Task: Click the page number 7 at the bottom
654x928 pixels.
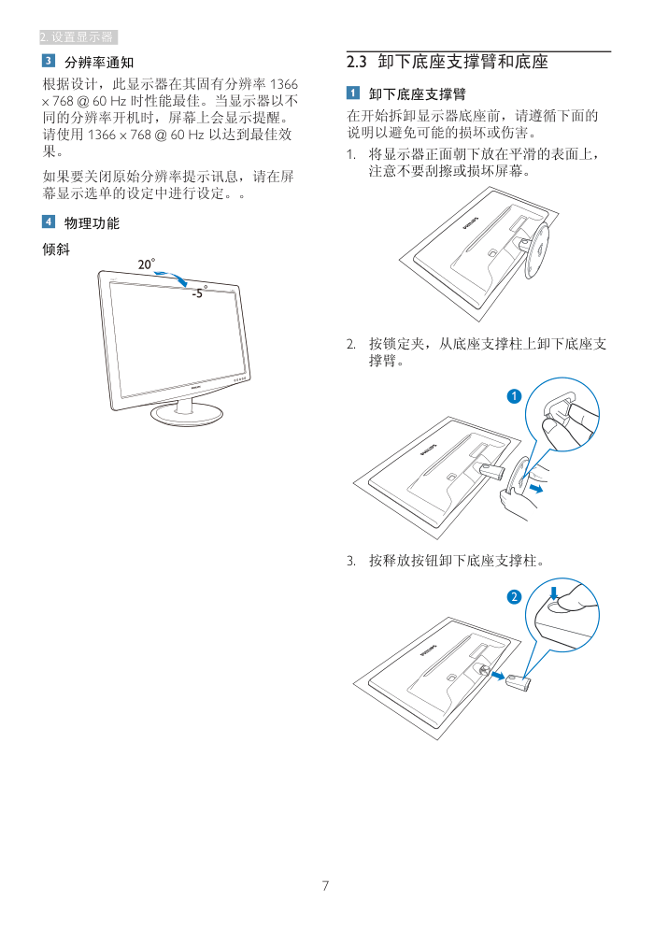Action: (x=325, y=885)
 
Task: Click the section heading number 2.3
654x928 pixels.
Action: (x=357, y=62)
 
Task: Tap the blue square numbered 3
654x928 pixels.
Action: (x=49, y=61)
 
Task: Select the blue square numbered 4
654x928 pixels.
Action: (x=49, y=221)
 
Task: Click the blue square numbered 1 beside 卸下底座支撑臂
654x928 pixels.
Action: (x=353, y=93)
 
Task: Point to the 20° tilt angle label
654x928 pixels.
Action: (x=146, y=264)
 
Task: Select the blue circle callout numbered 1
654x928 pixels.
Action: (x=514, y=396)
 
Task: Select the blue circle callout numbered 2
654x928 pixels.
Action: (x=514, y=596)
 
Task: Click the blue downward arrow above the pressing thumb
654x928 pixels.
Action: (x=554, y=592)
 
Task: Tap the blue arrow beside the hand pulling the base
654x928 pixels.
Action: (x=536, y=488)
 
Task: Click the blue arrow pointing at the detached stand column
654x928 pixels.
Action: (x=498, y=676)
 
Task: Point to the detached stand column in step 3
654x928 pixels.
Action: (x=519, y=682)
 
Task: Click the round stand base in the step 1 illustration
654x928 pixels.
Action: (x=536, y=248)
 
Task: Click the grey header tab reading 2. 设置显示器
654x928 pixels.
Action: (x=78, y=36)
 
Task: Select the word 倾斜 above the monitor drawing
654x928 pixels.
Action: (x=56, y=250)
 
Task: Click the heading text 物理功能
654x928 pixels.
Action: (x=92, y=222)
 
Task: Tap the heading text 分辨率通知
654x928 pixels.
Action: (x=99, y=62)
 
